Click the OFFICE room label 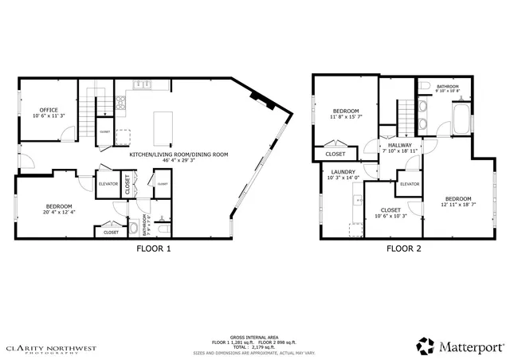click(x=49, y=110)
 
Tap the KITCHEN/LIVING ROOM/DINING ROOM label click(x=178, y=154)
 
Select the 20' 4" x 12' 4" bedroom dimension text click(x=60, y=212)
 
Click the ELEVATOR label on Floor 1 click(x=108, y=183)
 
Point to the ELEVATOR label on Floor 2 click(x=410, y=184)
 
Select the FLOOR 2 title click(x=404, y=248)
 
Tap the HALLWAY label click(x=400, y=146)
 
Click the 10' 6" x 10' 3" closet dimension click(x=390, y=216)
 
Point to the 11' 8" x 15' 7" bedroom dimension click(x=346, y=117)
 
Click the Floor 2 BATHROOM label click(x=447, y=86)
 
